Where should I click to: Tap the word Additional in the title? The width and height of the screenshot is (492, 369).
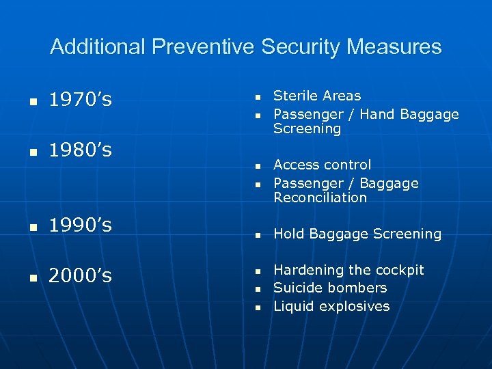(x=98, y=47)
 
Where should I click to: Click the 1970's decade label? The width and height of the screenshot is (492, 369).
(x=81, y=101)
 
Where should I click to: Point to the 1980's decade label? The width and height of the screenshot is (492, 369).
(x=81, y=150)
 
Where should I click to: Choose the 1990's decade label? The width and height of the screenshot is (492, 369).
(x=81, y=225)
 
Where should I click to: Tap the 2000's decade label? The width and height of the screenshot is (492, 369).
(x=81, y=276)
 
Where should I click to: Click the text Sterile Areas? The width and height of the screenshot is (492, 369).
(x=317, y=96)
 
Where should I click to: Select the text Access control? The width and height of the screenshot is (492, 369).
(x=323, y=165)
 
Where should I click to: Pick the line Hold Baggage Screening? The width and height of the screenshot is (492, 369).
(x=357, y=234)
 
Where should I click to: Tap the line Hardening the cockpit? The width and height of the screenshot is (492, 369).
(x=348, y=270)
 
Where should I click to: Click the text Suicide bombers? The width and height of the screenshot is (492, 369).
(x=330, y=288)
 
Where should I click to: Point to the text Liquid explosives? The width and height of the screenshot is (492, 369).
(x=331, y=306)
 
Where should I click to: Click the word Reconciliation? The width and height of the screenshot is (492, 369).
(x=320, y=197)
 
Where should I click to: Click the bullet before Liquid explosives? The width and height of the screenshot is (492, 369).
(x=258, y=307)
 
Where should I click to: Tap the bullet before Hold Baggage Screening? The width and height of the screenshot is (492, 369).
(x=258, y=235)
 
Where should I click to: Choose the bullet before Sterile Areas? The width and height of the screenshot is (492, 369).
(x=258, y=97)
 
